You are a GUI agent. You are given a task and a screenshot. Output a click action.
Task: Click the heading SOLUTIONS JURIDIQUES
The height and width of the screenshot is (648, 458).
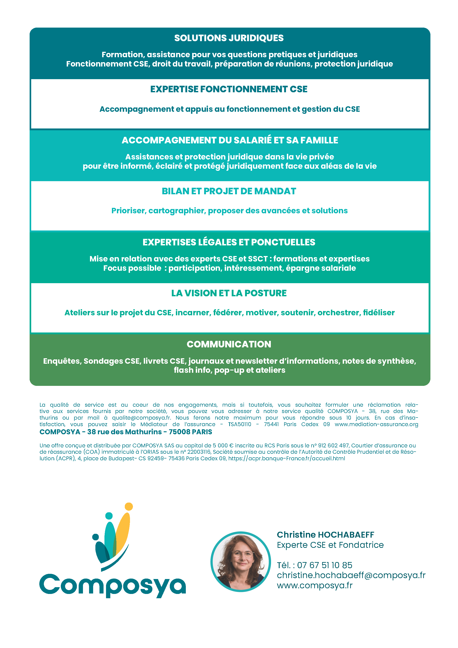click(x=229, y=38)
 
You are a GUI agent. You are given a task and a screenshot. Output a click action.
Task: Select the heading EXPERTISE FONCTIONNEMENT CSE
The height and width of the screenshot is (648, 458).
click(x=229, y=89)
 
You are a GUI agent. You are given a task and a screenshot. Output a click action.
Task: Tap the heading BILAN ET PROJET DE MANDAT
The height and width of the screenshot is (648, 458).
click(x=229, y=191)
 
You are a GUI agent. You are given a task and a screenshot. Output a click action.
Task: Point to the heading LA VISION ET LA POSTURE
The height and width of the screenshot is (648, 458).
click(x=229, y=293)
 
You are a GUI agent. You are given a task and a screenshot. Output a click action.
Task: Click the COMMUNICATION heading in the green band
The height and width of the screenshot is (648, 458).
click(x=229, y=344)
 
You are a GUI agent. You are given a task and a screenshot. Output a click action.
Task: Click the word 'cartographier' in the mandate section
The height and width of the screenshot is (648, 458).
click(x=177, y=211)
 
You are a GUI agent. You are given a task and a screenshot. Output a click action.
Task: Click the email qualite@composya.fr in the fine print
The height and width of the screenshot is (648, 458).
click(x=141, y=418)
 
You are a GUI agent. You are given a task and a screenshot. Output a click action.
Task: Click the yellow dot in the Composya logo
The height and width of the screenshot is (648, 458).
click(x=129, y=507)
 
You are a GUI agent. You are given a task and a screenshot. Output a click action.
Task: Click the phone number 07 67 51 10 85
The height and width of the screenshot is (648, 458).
click(x=325, y=565)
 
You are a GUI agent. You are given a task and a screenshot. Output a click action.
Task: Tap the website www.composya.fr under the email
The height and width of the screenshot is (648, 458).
click(x=314, y=585)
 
